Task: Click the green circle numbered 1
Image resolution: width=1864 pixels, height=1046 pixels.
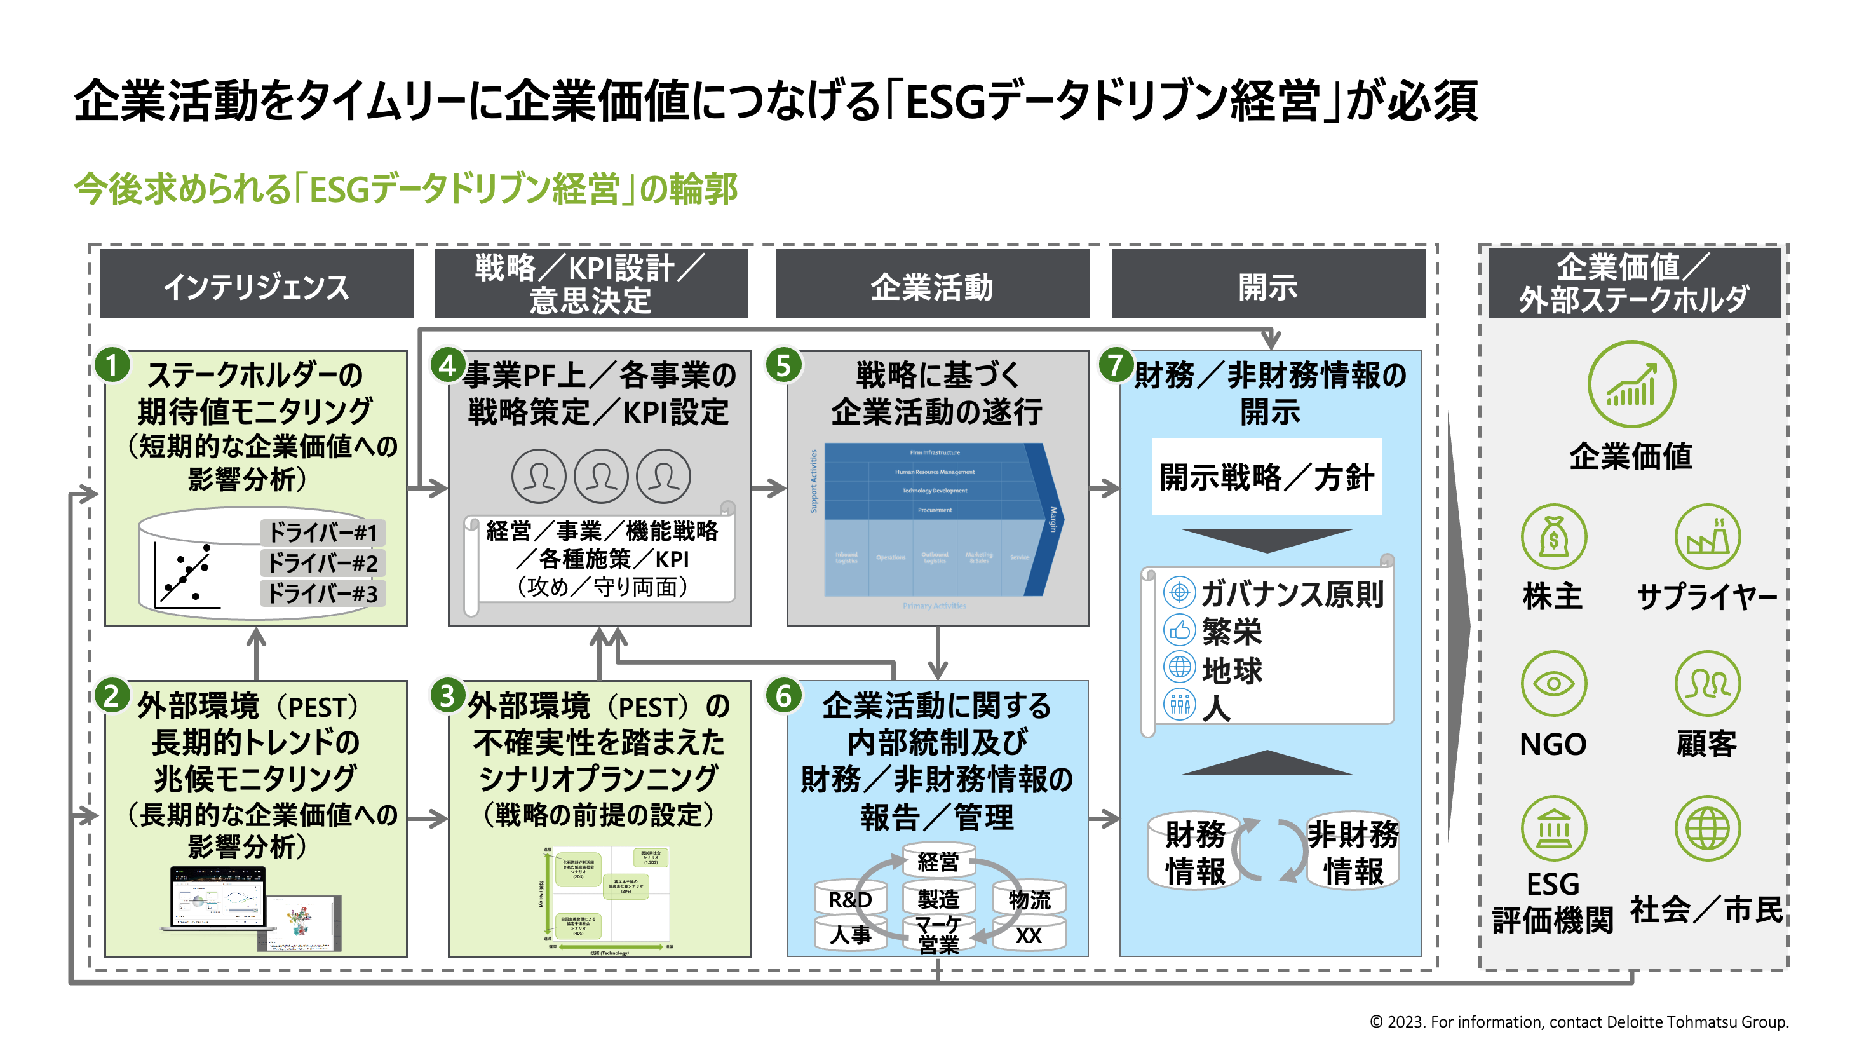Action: click(112, 365)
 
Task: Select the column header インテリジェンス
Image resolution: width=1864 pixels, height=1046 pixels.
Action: click(257, 285)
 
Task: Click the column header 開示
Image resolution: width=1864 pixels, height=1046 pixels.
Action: click(1267, 285)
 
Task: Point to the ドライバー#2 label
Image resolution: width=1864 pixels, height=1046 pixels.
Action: click(322, 562)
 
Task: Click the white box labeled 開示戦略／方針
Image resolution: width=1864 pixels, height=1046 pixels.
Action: click(1266, 477)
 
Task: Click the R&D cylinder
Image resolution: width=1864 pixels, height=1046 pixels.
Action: click(850, 899)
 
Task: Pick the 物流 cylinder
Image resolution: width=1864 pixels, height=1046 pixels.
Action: click(1029, 899)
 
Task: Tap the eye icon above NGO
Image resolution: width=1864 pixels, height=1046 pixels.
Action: click(1553, 683)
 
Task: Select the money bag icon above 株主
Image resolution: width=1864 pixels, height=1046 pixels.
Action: click(1553, 536)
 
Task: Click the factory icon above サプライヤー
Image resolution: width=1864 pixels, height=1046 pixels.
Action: click(1707, 536)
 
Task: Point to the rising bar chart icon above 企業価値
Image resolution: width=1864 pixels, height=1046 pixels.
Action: click(1631, 384)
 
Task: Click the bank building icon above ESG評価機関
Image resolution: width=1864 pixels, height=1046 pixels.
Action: click(1553, 827)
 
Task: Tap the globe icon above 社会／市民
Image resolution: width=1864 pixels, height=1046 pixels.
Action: click(1707, 827)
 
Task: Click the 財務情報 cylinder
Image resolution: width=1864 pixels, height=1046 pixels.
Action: click(1194, 852)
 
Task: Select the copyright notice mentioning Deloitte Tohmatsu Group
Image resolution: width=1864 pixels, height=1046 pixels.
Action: click(1578, 1021)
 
